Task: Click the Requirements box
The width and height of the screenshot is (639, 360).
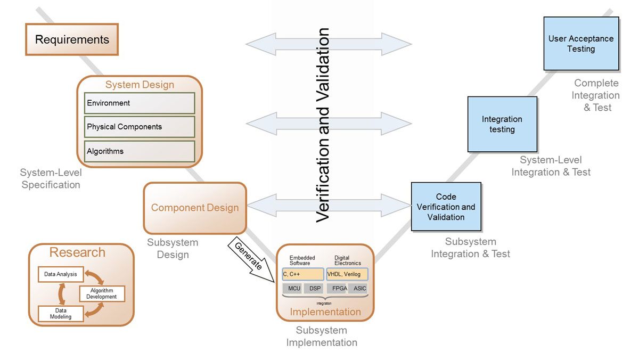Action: point(72,39)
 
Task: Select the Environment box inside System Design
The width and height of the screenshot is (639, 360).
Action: point(140,103)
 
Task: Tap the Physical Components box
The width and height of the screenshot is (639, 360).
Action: point(140,127)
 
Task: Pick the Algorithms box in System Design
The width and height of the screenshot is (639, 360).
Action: point(140,151)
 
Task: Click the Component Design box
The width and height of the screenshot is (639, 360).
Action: point(195,208)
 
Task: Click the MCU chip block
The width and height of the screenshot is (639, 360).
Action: point(294,289)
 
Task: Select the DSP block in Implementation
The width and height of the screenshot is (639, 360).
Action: point(315,289)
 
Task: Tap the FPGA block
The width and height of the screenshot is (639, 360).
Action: point(340,289)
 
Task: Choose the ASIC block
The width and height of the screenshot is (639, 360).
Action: point(360,289)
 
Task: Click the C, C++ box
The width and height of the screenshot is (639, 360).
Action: point(303,274)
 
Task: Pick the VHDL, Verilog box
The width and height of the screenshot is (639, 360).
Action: point(347,274)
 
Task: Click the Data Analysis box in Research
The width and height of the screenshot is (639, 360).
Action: point(61,275)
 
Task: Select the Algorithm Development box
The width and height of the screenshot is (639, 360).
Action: point(102,293)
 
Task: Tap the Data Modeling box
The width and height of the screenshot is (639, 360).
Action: point(61,314)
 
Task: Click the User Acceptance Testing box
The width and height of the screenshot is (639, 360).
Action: point(581,44)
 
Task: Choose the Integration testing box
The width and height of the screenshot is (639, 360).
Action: point(502,124)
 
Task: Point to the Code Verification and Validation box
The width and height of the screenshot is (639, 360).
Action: point(446,207)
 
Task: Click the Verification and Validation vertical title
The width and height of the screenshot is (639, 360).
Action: point(323,125)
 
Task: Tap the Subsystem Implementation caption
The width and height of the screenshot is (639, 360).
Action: point(322,337)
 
